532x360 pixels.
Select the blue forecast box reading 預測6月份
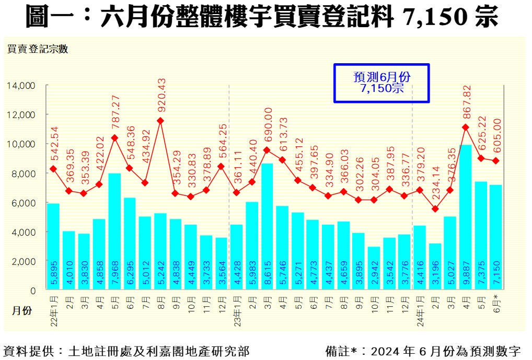381,83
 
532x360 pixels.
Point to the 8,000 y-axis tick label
23,173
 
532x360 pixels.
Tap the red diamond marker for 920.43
160,121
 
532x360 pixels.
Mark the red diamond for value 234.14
435,209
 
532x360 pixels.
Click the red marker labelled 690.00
267,150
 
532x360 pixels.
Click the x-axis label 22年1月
53,309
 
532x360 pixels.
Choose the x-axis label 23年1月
237,309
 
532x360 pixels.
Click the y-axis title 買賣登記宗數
37,50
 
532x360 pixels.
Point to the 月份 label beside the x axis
22,310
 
